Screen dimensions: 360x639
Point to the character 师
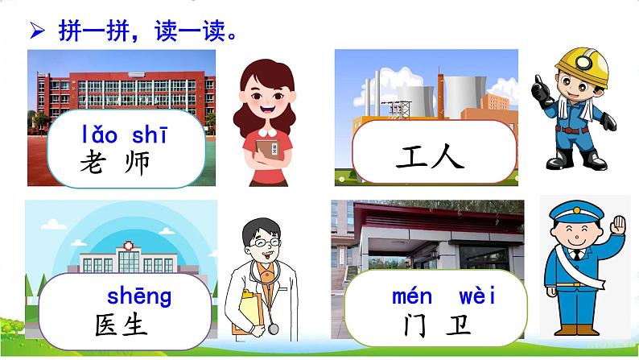138,164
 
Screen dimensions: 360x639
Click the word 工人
431,155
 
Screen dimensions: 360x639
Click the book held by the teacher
270,149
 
